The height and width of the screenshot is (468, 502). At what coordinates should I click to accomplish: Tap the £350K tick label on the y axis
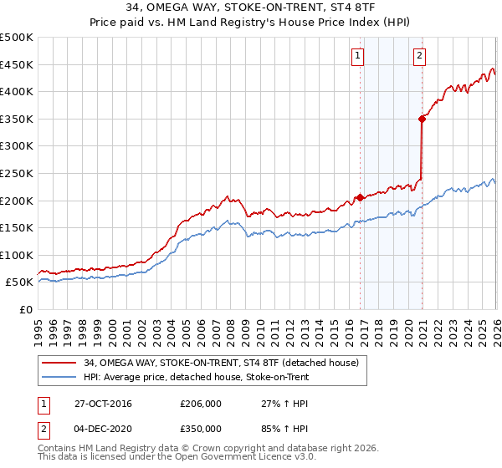coord(17,119)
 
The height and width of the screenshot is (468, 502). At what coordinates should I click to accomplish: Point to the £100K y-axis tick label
coord(17,255)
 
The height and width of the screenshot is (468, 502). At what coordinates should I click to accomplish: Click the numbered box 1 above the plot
coord(357,56)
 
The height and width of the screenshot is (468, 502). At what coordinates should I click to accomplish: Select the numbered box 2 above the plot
coord(418,56)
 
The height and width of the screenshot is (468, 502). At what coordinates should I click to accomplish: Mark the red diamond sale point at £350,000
coord(423,119)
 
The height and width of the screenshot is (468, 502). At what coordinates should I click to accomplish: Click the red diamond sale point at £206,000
coord(361,197)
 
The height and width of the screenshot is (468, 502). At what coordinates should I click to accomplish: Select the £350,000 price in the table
coord(201,428)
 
